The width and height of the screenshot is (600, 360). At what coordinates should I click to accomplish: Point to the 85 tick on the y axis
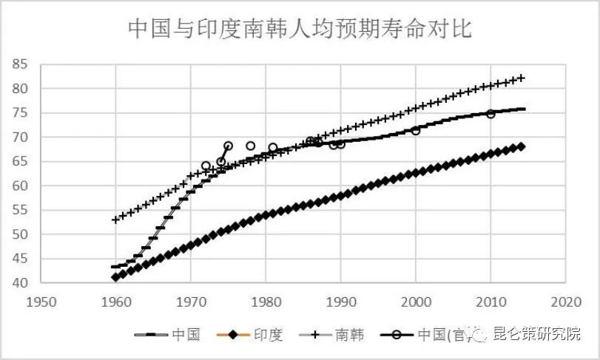20,65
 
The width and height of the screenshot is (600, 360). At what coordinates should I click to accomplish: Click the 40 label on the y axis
20,283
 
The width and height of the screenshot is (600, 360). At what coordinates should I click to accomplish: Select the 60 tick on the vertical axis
20,186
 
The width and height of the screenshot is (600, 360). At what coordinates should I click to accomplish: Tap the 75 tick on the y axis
20,113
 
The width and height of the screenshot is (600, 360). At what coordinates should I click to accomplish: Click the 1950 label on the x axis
41,302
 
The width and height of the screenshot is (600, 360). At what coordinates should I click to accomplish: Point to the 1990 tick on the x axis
341,302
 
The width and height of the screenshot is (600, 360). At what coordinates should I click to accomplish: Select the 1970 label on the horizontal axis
191,302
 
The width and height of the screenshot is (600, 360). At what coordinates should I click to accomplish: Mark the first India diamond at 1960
116,276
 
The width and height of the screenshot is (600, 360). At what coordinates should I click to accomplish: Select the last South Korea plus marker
522,78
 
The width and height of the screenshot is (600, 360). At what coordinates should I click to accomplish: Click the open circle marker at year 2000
416,130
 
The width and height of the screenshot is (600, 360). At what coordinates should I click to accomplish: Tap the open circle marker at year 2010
491,114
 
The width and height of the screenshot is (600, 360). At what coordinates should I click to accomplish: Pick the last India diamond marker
522,146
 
